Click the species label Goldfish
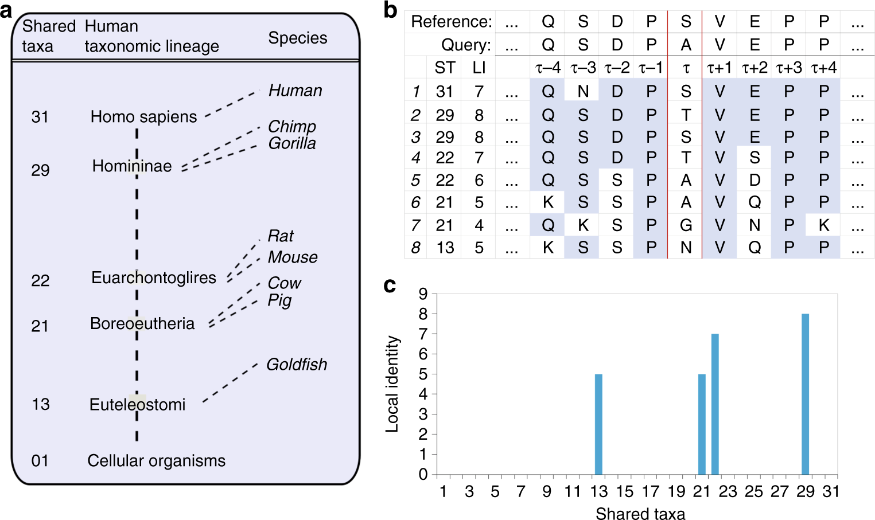[x=297, y=365]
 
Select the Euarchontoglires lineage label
[x=154, y=278]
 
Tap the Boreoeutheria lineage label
[x=142, y=324]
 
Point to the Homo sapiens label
[x=143, y=117]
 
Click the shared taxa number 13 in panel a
[x=40, y=405]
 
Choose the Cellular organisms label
[x=156, y=461]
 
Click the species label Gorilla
[x=292, y=143]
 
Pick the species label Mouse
[x=293, y=257]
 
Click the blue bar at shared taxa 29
[x=805, y=394]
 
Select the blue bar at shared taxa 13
[x=598, y=424]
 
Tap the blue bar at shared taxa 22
[x=715, y=404]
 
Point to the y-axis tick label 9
[x=423, y=294]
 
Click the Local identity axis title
[x=392, y=384]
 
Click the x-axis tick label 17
[x=651, y=492]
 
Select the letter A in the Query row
[x=686, y=45]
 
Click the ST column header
[x=445, y=68]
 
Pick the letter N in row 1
[x=583, y=92]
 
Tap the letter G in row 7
[x=686, y=225]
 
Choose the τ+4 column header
[x=823, y=68]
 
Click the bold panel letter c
[x=390, y=285]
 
